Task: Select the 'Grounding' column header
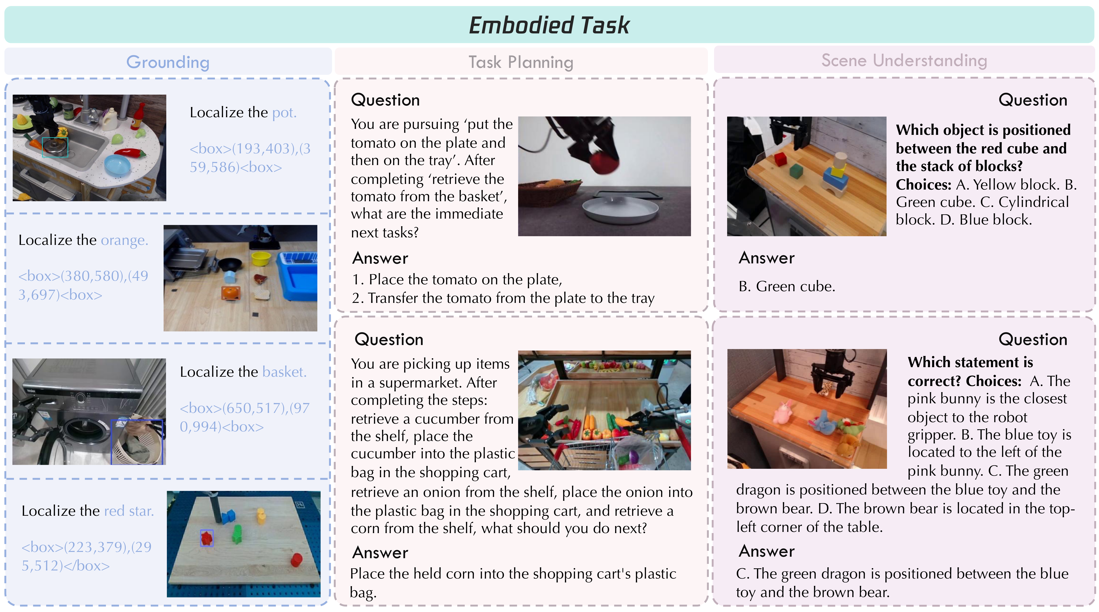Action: (168, 62)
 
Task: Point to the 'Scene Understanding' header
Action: (904, 60)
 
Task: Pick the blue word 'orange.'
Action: (125, 240)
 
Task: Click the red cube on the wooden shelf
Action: (780, 160)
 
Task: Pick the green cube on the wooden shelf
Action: (796, 172)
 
